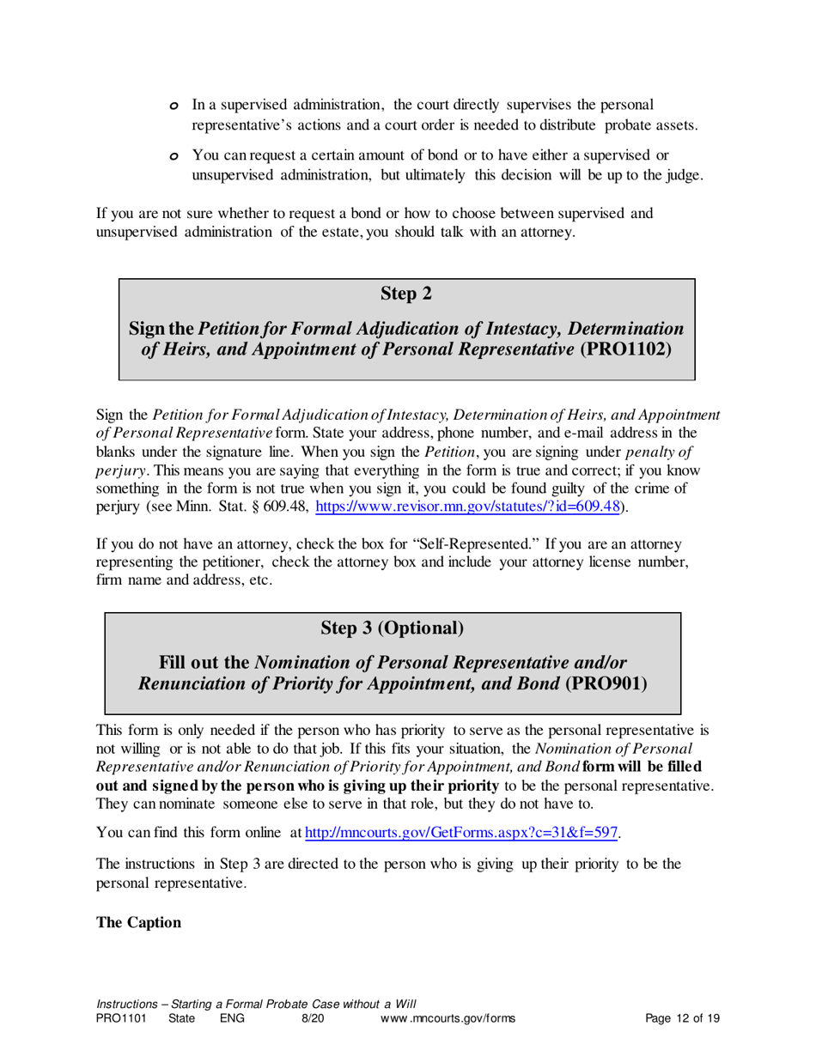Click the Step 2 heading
point(406,294)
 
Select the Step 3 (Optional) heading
point(393,628)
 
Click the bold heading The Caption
point(138,923)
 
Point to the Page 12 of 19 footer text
point(682,1019)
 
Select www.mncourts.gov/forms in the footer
point(447,1019)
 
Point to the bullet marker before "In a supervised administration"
point(174,106)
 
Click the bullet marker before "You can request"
point(174,156)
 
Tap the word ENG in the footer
point(232,1019)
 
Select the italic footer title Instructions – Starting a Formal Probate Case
point(256,1004)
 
